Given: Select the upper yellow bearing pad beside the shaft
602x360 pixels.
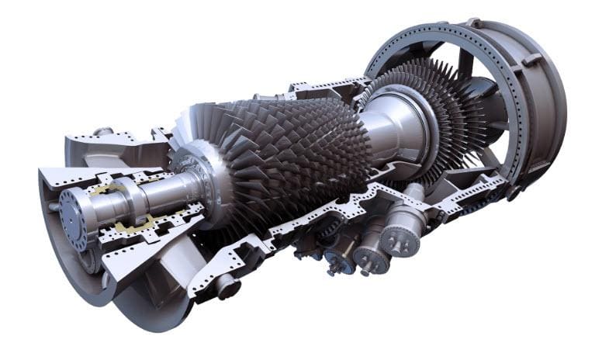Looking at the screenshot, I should pyautogui.click(x=105, y=189).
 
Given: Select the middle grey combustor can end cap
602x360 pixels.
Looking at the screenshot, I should pyautogui.click(x=372, y=257).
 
